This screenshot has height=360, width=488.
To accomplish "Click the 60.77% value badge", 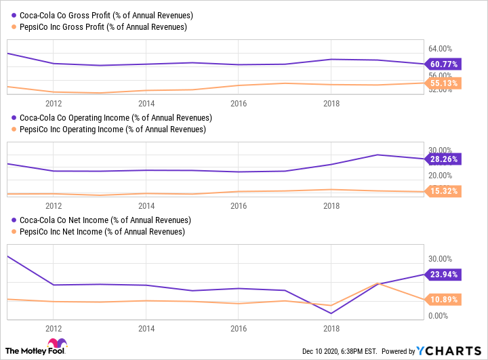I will pos(443,64).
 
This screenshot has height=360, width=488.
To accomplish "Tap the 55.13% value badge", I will pos(443,83).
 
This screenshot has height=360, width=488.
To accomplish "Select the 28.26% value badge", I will pos(443,159).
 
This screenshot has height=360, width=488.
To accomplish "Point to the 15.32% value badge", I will pos(443,191).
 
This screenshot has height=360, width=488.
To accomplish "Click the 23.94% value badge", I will pos(443,275).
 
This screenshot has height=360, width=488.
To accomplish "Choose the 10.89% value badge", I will pos(443,299).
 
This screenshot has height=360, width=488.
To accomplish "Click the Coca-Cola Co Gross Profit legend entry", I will pos(102,16).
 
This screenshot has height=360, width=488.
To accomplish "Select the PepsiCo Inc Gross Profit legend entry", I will pos(99,27).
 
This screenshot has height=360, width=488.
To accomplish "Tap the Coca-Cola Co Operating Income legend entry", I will pos(111,117).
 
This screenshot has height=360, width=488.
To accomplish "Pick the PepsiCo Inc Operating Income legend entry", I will pos(108,129).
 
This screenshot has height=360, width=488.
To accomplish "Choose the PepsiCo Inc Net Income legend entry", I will pos(98,232).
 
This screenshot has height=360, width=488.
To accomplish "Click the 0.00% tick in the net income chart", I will pos(438,316).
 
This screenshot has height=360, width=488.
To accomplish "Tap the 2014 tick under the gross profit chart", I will pos(146,103).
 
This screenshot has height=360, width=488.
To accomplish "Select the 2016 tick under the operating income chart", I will pos(238,205).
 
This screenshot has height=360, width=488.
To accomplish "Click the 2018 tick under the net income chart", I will pos(331,328).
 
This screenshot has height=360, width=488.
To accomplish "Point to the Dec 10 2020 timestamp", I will pos(338,351).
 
